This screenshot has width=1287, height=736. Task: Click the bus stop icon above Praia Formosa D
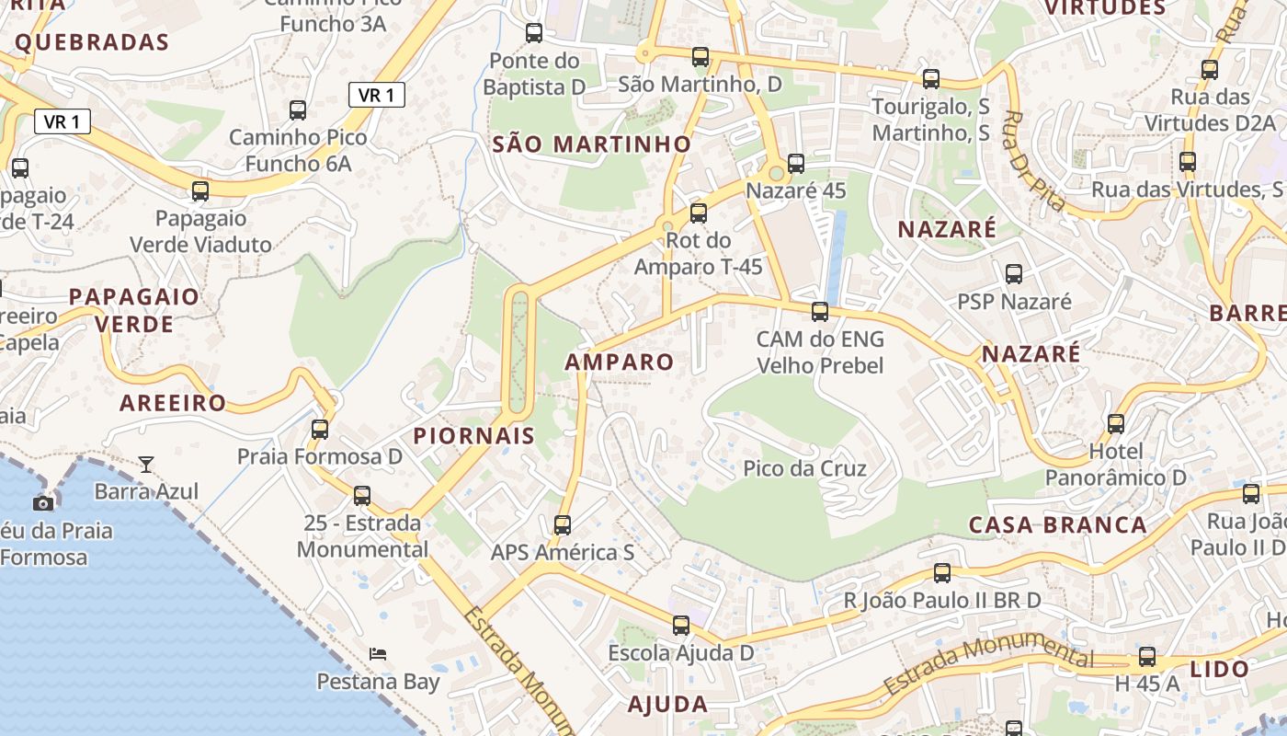click(x=320, y=429)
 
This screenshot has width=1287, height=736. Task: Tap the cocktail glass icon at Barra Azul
click(x=146, y=464)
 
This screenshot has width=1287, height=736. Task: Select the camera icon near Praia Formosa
click(x=43, y=502)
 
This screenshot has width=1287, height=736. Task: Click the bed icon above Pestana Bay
click(x=378, y=654)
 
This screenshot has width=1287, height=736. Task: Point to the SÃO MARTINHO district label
click(x=591, y=144)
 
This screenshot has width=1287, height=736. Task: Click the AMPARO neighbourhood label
click(x=620, y=362)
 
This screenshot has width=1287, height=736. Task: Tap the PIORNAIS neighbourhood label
click(x=474, y=436)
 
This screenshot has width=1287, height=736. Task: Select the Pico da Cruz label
click(x=804, y=469)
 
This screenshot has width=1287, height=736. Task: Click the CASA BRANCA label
click(x=1058, y=525)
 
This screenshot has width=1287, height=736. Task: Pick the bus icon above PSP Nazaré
click(x=1014, y=274)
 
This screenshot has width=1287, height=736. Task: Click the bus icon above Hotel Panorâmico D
click(x=1116, y=424)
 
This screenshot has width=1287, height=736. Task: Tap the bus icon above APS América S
click(x=563, y=525)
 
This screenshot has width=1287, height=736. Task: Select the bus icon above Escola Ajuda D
click(x=681, y=626)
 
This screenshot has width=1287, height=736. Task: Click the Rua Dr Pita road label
click(x=1034, y=161)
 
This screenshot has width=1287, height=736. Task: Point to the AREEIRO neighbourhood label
click(x=173, y=403)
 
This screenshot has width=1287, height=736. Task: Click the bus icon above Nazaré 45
click(x=796, y=164)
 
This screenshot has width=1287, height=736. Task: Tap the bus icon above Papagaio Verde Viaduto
click(x=200, y=191)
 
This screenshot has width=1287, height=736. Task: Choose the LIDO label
click(x=1220, y=669)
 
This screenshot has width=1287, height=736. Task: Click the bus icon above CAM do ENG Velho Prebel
click(x=820, y=312)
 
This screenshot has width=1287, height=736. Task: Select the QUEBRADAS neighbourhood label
click(x=92, y=42)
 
